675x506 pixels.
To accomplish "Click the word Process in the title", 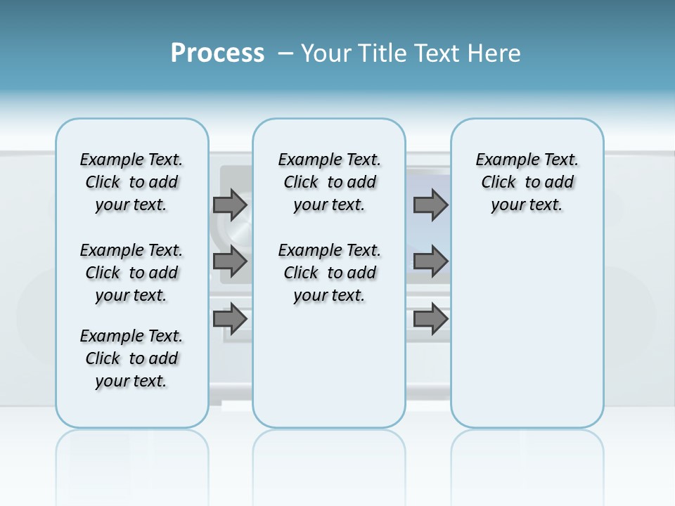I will coord(217,53).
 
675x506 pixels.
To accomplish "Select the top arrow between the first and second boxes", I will coord(230,205).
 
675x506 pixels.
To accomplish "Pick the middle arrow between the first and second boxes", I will coord(230,261).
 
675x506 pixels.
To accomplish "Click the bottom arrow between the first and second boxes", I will coord(230,318).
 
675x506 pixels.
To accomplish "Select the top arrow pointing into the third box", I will coord(430,205).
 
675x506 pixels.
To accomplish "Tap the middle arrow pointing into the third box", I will coord(430,261).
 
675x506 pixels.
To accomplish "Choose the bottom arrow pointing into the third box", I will coord(430,318).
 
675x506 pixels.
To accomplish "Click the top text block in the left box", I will coord(131,182).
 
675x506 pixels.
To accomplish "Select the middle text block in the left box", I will coord(131,273).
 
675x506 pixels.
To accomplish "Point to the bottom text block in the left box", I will coord(131,358).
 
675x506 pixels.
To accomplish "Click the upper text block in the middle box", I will coord(330,182).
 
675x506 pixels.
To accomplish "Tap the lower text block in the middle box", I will coord(330,273).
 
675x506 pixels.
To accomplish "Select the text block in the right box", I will coord(527,182).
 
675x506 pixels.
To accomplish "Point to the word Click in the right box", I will coord(499,183).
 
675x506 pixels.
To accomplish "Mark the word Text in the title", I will coord(439,53).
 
